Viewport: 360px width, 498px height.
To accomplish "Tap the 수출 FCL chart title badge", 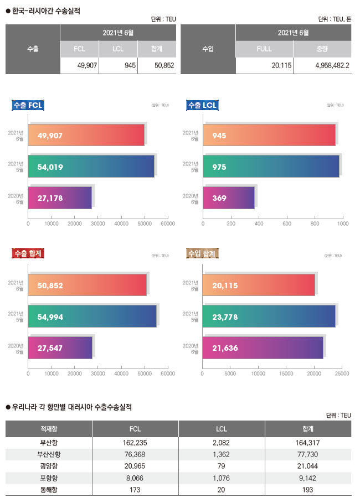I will pos(28,105).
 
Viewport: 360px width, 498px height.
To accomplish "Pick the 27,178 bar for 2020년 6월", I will pos(60,198).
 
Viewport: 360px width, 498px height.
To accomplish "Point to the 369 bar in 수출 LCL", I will pos(229,198).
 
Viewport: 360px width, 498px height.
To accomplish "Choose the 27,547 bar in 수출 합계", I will pos(60,347).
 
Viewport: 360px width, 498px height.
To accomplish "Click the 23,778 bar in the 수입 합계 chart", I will pos(269,317).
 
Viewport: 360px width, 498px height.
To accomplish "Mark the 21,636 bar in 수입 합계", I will pos(263,347).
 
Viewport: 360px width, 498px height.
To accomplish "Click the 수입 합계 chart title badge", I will pos(203,254).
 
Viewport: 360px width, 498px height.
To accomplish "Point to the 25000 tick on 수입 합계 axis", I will pos(342,373).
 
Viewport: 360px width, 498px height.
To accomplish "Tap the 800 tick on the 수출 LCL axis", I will pos(315,224).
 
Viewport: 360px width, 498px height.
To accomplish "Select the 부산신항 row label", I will pos(49,454).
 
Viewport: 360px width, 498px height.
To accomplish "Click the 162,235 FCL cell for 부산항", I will pos(135,443).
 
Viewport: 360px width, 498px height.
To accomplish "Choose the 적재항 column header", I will pos(49,428).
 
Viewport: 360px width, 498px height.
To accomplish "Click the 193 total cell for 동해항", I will pos(308,490).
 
